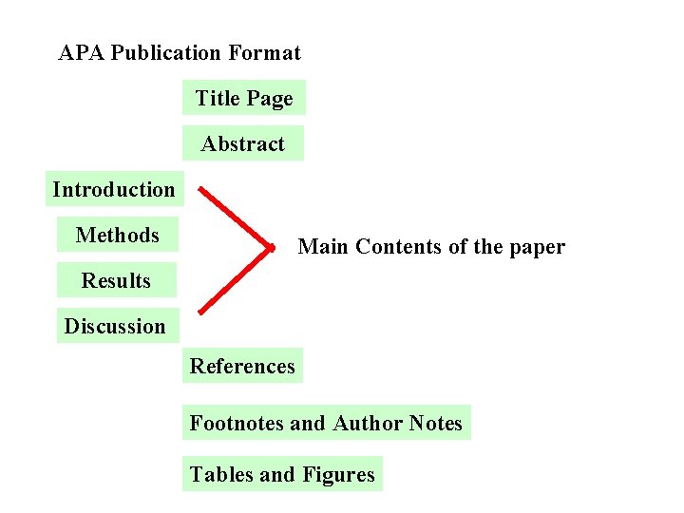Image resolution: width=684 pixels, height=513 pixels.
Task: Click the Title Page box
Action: coord(244,98)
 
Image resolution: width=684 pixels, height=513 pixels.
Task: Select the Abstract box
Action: coord(243,143)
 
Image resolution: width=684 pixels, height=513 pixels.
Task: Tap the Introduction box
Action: coord(114,189)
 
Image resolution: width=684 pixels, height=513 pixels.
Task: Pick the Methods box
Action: coord(118,235)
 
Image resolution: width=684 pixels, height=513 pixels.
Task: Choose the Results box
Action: coord(116,280)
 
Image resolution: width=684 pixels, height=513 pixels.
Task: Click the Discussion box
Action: coord(115,326)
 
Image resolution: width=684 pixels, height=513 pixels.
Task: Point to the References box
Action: coord(242,366)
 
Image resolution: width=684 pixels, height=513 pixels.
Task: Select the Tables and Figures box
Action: coord(282,474)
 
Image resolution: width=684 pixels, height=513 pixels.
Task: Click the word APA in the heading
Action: coord(81,53)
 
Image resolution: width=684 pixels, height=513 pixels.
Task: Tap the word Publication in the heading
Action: coord(166,53)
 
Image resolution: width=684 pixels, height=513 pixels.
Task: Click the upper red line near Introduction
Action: coord(233,219)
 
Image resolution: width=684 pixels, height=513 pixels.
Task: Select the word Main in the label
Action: coord(321,247)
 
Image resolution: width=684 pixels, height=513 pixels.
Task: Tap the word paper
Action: coord(537,248)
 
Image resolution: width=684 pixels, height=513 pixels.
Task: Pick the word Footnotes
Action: coord(237,423)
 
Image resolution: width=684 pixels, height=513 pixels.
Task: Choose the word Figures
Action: coord(338,474)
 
